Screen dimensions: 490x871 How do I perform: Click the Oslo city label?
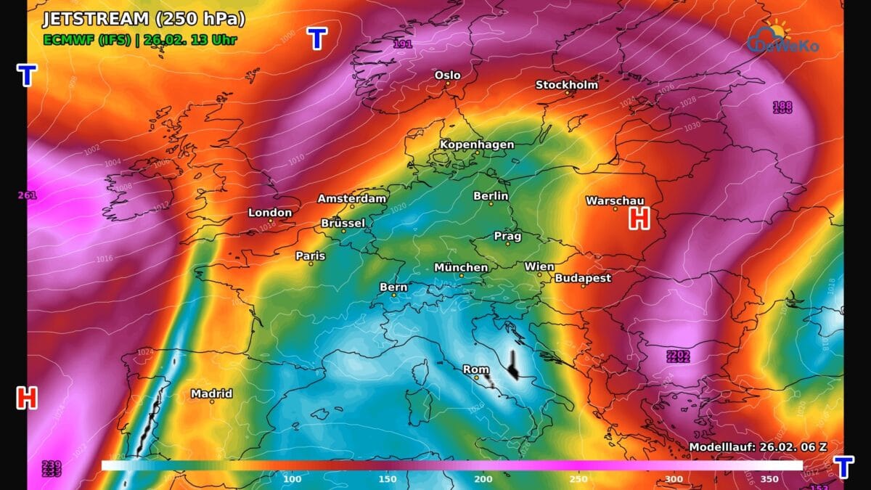point(447,75)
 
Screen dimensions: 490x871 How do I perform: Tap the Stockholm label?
point(567,85)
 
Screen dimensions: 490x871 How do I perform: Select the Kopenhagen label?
point(477,144)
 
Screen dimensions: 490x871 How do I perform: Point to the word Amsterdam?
point(352,198)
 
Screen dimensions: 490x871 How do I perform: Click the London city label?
point(270,213)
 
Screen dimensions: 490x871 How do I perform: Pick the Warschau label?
point(615,200)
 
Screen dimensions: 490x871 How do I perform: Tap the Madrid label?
point(212,393)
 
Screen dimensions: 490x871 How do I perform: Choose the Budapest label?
point(583,278)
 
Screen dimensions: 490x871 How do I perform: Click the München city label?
point(461,267)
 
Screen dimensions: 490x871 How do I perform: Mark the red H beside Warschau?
point(639,218)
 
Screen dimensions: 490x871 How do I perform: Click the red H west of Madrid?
point(27,397)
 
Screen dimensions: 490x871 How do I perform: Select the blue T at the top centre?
point(316,38)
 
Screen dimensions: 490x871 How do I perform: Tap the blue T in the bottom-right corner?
point(843,467)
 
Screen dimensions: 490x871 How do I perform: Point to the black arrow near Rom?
point(514,365)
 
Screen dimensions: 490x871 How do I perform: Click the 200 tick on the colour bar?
point(483,479)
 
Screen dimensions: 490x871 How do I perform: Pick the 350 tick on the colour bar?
point(769,479)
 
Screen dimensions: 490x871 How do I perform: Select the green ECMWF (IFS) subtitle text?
point(86,40)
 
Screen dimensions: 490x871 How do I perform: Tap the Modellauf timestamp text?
point(757,446)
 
